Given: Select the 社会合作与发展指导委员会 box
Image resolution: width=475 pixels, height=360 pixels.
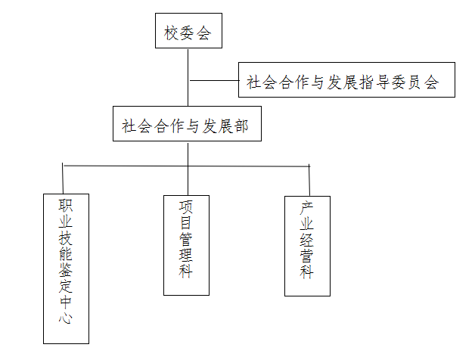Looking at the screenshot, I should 347,80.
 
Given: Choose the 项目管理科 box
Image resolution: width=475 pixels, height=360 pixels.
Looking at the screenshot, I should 186,245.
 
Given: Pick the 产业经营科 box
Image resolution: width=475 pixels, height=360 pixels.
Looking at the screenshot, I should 307,245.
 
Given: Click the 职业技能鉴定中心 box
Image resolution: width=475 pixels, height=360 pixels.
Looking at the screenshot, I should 66,268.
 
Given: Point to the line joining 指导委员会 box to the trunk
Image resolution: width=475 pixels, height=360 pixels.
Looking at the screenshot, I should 213,80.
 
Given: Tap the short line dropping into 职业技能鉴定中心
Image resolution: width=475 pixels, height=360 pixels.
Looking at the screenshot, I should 64,179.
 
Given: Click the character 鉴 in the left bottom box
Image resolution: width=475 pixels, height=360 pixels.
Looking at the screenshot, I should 66,268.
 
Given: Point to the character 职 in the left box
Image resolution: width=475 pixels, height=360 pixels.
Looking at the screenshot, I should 66,205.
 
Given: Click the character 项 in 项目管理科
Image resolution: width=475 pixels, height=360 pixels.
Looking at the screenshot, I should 186,206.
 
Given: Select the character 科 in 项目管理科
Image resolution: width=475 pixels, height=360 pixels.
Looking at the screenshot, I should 186,270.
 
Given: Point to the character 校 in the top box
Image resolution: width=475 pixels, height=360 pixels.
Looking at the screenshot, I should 170,33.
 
